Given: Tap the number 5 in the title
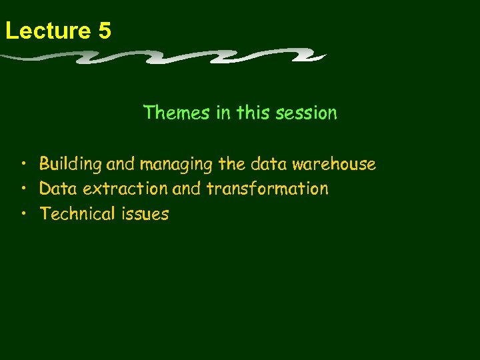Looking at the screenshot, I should tap(103, 31).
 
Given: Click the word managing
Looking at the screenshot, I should tap(177, 164).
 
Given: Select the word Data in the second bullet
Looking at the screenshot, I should tap(53, 189).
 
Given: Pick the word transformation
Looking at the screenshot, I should tap(267, 189).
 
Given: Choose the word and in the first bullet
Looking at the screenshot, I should tap(120, 164).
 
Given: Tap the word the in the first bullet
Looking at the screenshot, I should tap(232, 164).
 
